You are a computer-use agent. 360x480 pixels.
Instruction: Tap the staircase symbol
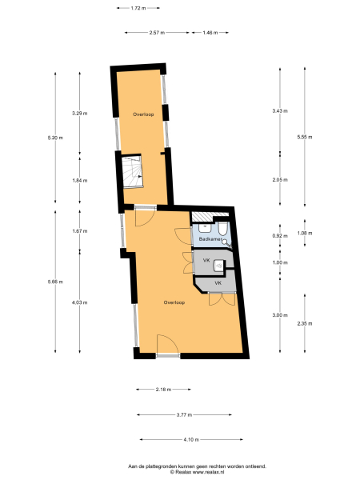click(x=132, y=171)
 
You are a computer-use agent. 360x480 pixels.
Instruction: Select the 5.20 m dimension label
click(x=55, y=138)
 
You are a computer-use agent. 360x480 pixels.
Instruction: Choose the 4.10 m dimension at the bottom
click(x=191, y=439)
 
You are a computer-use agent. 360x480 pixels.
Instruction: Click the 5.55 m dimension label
click(x=303, y=137)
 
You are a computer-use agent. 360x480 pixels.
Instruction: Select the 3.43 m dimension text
click(x=279, y=110)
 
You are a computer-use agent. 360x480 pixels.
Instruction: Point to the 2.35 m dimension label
click(x=303, y=323)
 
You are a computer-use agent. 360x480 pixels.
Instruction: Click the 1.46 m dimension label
click(x=210, y=33)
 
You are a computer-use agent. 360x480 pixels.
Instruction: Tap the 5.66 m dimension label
click(x=55, y=281)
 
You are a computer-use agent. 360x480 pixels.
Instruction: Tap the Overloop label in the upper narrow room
click(x=143, y=114)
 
